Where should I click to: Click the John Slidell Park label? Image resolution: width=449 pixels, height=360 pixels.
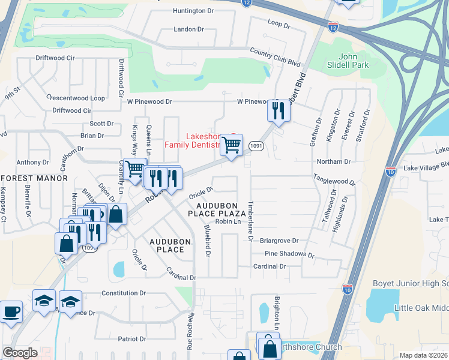(346, 60)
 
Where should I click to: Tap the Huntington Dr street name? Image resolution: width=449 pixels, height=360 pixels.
(193, 11)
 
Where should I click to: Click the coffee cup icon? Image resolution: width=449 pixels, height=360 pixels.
(11, 313)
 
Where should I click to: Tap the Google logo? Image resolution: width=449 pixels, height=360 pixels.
(19, 353)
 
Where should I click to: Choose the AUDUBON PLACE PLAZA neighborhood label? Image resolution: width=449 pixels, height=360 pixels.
(217, 209)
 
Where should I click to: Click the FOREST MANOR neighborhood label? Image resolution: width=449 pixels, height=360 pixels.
(34, 178)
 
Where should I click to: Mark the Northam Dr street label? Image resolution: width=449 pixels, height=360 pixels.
(334, 162)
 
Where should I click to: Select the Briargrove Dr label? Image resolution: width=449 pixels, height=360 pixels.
(279, 241)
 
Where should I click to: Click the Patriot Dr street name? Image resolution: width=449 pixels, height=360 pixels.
(132, 339)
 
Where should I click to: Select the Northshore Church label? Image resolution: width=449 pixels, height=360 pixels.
(309, 347)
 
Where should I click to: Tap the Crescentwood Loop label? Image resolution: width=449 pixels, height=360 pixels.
(76, 98)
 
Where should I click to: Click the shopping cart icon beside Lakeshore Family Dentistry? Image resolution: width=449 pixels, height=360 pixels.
(231, 145)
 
